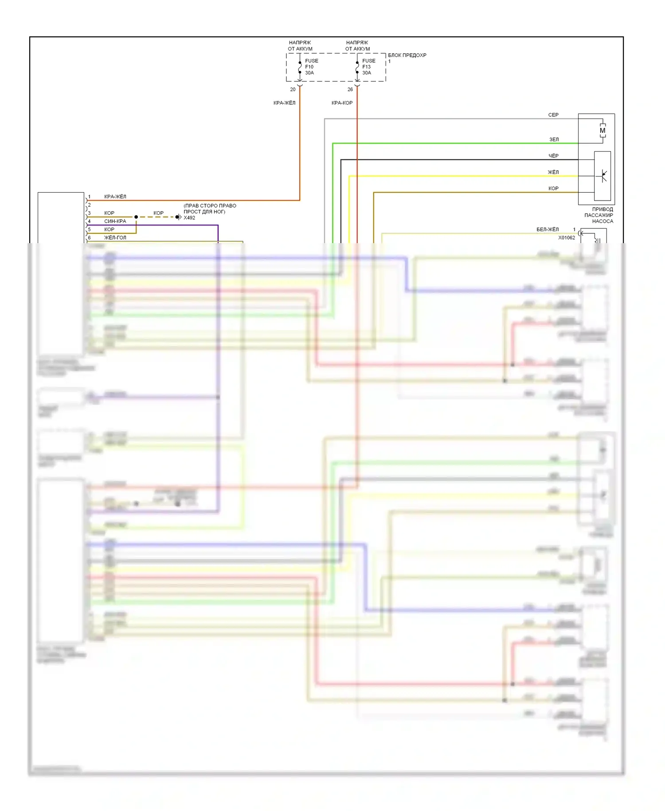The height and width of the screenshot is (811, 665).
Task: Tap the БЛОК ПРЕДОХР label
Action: coord(407,55)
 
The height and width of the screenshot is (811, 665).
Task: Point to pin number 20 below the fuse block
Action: coord(293,90)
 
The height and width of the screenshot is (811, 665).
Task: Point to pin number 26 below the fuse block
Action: coord(350,90)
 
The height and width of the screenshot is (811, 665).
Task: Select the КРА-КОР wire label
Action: coord(342,103)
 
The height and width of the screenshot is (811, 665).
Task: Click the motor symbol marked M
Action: coord(602,130)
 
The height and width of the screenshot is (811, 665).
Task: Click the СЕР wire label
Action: coord(553,115)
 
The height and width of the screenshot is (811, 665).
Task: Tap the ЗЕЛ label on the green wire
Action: coord(554,139)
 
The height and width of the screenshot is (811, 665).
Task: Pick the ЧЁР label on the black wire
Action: coord(553,156)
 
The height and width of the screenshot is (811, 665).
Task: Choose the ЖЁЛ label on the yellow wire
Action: coord(553,172)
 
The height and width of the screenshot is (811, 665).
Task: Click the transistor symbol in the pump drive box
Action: coord(603,176)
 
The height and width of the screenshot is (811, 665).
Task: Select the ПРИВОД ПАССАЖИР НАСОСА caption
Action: coord(602,215)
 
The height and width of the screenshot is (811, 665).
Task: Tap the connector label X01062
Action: coord(566,238)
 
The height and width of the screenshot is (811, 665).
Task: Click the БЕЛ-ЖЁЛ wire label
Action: coord(548,229)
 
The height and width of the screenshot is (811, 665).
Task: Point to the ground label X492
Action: coord(189,218)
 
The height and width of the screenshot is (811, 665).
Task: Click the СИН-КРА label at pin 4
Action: coord(115,221)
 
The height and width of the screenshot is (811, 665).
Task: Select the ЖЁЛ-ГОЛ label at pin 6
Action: coord(115,237)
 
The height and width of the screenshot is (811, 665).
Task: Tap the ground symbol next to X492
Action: coord(178,217)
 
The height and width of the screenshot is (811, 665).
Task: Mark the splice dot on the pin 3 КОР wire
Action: coord(136,217)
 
